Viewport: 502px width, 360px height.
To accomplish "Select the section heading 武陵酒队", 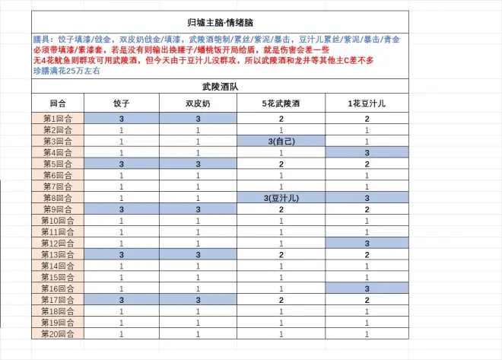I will (221, 88).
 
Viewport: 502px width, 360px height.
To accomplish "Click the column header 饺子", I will (122, 103).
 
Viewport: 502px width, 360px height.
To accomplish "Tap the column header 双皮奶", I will (198, 103).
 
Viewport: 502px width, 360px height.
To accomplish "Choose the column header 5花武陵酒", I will (281, 103).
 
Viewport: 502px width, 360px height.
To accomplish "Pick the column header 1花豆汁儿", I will (367, 103).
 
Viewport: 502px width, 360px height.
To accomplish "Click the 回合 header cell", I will (58, 103).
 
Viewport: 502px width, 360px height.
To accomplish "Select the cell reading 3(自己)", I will (281, 142).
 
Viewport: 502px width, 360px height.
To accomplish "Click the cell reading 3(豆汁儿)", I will (281, 199).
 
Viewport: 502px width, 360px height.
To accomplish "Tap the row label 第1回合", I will (58, 119).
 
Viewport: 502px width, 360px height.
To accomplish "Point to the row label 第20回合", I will (58, 333).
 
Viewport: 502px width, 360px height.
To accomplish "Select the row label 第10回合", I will (58, 221).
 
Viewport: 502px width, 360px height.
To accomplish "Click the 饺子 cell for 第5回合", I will (122, 164).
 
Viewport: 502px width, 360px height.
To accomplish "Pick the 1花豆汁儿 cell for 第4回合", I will (367, 153).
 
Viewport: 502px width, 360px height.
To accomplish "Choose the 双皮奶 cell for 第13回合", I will (198, 254).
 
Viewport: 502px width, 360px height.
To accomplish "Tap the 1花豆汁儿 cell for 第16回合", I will (367, 288).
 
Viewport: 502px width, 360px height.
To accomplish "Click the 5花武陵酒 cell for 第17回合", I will (281, 300).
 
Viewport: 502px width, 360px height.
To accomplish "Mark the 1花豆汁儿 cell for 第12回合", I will (367, 244).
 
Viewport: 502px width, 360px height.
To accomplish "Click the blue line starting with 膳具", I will (221, 38).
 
